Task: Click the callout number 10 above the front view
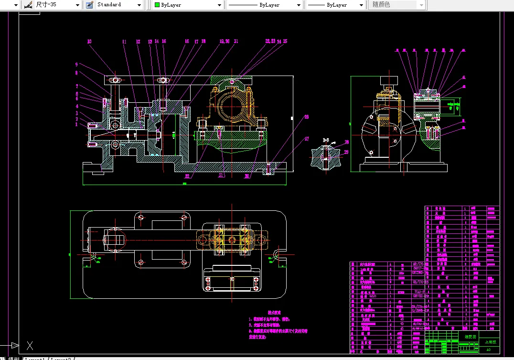click(89, 42)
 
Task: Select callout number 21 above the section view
click(236, 42)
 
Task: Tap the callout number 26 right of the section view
click(306, 116)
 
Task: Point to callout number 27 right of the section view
click(306, 139)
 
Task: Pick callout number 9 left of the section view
click(76, 65)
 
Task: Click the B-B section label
click(327, 140)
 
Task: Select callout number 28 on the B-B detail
click(347, 142)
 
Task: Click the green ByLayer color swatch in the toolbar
click(157, 5)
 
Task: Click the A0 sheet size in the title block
click(488, 349)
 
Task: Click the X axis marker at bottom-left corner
click(30, 345)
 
